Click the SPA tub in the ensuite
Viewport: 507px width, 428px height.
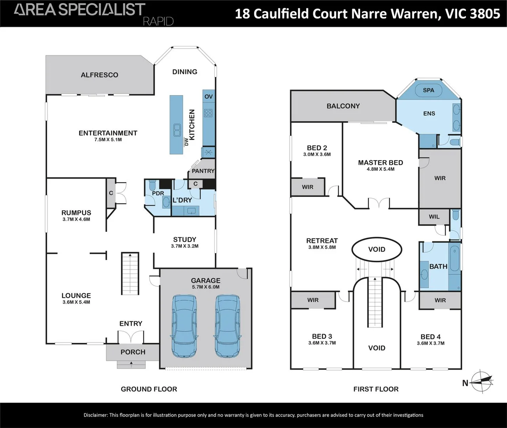pos(428,90)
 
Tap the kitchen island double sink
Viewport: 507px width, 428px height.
pos(177,130)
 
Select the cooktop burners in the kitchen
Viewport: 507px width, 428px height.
pos(208,113)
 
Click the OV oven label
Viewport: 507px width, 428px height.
pos(209,97)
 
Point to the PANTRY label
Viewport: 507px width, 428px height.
pos(203,171)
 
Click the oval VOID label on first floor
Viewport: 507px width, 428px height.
pos(377,249)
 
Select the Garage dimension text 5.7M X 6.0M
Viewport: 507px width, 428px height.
pos(206,287)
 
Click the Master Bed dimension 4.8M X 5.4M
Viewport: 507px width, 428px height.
pos(381,169)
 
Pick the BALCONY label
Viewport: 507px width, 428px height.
pos(343,106)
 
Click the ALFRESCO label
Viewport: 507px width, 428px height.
pos(99,75)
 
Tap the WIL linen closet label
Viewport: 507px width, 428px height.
pos(434,217)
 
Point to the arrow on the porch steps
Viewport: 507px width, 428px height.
pos(131,364)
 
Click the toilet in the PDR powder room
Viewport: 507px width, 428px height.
pos(152,185)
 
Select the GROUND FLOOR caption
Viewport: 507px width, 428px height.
pos(149,389)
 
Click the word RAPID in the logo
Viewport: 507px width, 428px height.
pos(158,21)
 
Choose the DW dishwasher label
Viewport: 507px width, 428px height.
pos(186,141)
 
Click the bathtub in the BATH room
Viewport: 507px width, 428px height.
pos(455,259)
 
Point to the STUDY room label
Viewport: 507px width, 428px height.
pos(185,239)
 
